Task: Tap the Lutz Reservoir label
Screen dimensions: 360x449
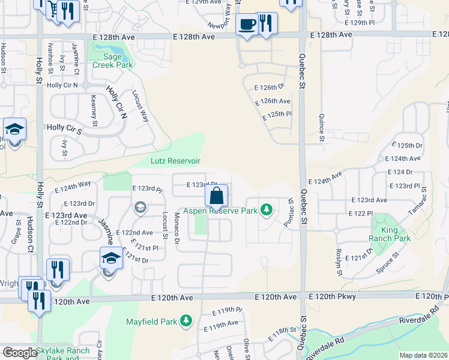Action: (175, 161)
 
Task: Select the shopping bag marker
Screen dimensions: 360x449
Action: (217, 196)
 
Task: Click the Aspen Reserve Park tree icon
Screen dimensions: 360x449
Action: (266, 211)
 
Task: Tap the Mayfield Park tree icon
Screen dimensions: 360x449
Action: (187, 322)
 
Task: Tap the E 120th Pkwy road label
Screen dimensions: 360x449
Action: (333, 297)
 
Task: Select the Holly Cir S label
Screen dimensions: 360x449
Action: (64, 128)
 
